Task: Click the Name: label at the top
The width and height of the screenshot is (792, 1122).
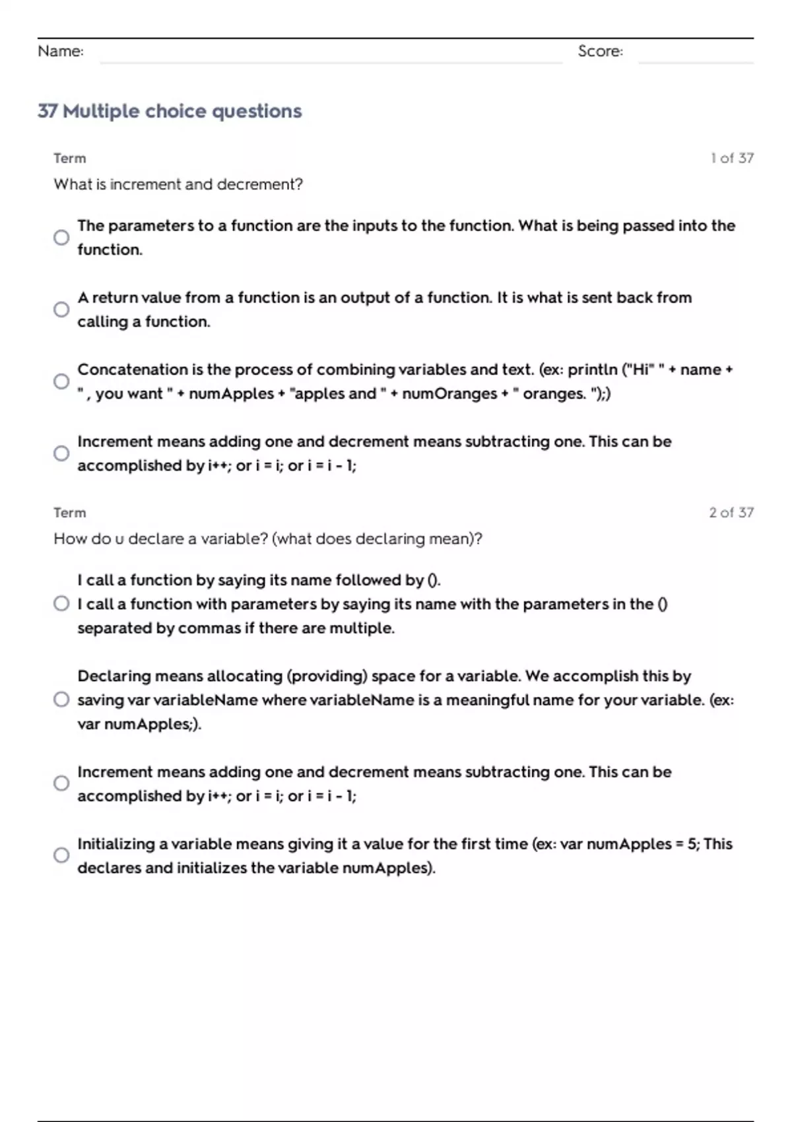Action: [61, 51]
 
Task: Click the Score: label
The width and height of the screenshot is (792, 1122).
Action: [600, 51]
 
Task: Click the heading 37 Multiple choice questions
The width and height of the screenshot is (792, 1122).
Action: [170, 111]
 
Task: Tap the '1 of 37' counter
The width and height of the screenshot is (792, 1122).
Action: [732, 158]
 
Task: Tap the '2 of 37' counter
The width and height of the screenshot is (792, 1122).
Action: [731, 512]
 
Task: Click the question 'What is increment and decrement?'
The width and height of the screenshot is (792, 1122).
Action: [178, 184]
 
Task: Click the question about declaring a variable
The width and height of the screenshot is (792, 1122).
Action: [268, 539]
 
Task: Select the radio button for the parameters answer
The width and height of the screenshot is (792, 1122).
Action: [61, 238]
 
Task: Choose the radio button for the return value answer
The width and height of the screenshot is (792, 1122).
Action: [61, 310]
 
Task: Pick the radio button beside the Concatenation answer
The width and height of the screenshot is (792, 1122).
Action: [61, 381]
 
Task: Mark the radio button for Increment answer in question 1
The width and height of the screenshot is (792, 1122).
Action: [61, 453]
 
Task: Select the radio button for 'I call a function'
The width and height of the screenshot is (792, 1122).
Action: [61, 604]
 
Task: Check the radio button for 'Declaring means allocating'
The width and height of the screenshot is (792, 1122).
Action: [61, 700]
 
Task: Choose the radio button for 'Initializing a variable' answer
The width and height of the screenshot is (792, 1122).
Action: [61, 855]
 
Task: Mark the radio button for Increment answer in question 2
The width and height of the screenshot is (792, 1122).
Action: [61, 783]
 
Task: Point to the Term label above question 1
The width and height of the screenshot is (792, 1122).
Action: [70, 158]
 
